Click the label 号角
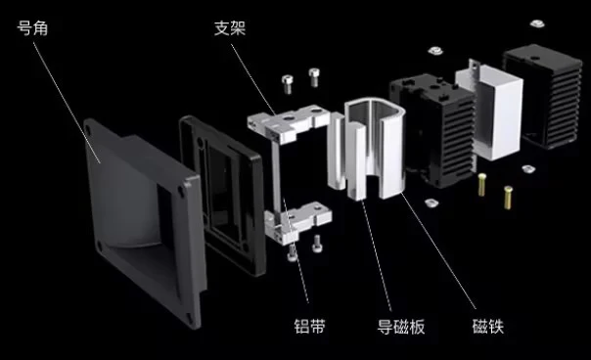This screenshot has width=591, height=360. coord(33,28)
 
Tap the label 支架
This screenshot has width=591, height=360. coord(230,28)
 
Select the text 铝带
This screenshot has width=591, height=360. coord(309,327)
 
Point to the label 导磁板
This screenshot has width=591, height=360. coord(401,327)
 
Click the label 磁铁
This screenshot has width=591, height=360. coord(488,327)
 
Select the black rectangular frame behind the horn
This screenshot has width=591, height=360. coord(222,194)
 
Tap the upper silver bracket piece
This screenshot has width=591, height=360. coord(289,123)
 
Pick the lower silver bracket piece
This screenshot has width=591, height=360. coord(297,223)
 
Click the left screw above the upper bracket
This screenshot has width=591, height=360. coord(288,84)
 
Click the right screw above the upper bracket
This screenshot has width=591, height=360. coord(314,77)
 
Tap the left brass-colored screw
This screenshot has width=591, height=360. coord(481,184)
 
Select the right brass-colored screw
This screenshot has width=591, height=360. coord(508,198)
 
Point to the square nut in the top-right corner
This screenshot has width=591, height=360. coord(537,23)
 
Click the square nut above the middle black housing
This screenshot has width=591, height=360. coord(435,51)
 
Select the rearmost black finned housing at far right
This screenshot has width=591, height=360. coord(543,96)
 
